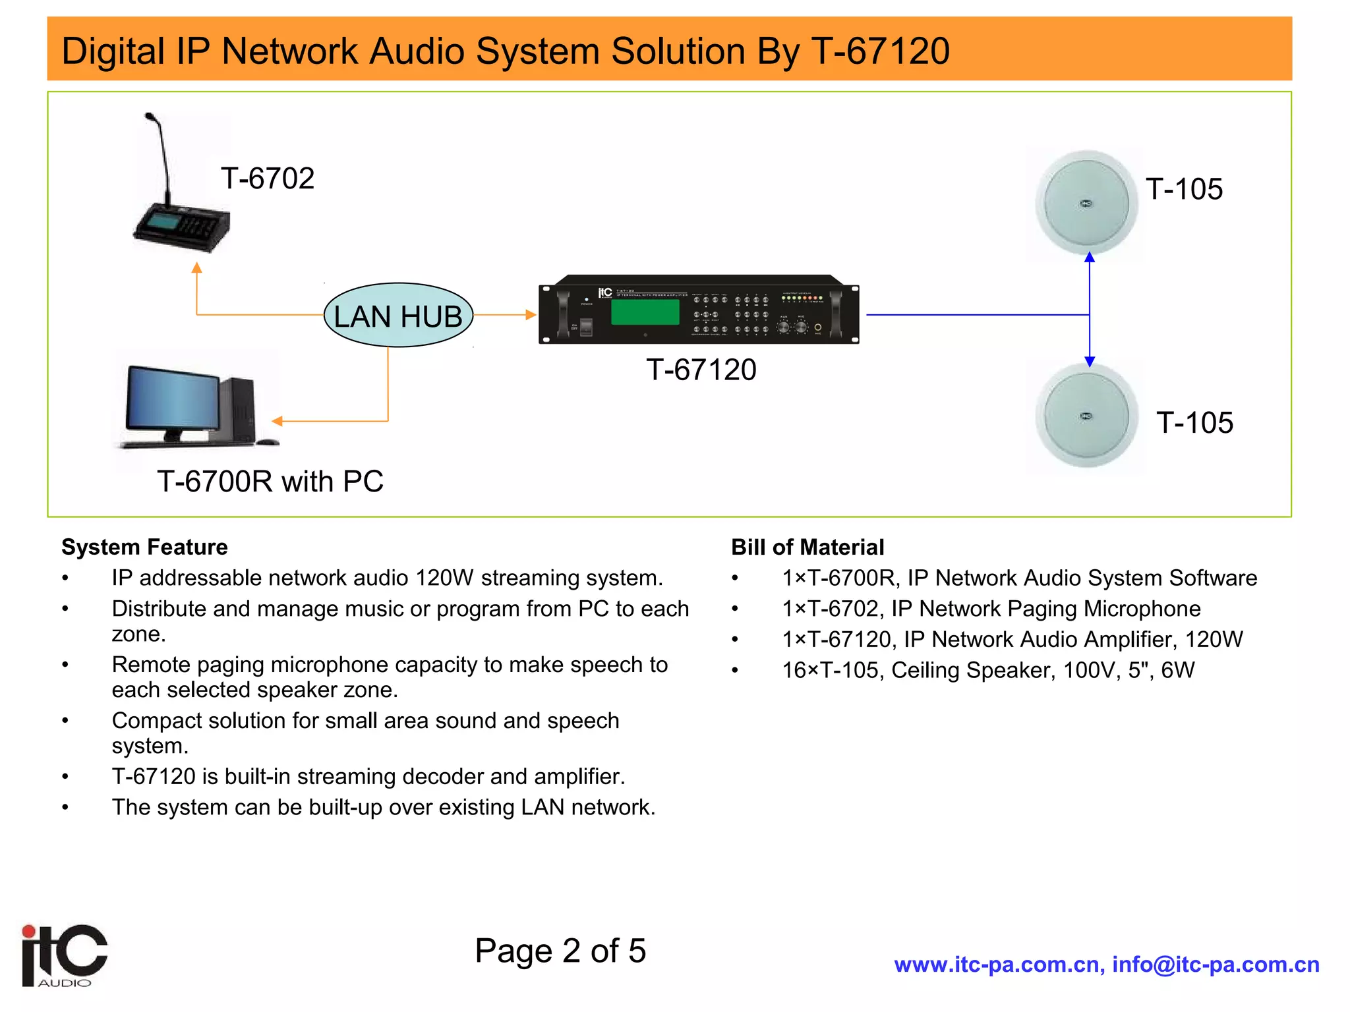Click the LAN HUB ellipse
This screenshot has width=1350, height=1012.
tap(398, 316)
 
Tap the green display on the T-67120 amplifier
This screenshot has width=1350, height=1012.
tap(645, 311)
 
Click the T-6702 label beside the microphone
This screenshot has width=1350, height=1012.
tap(268, 179)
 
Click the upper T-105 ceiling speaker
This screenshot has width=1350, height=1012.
tap(1086, 203)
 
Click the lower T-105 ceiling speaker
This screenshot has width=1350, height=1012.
tap(1086, 416)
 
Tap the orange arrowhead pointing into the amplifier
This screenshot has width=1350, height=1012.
tap(531, 315)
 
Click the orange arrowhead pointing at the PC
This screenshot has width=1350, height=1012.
tap(278, 421)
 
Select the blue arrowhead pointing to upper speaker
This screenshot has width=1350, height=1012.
tap(1090, 258)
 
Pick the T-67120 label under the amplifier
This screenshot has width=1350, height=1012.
tap(701, 370)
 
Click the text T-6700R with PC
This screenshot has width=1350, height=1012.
tap(270, 482)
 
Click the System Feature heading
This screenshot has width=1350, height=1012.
tap(144, 547)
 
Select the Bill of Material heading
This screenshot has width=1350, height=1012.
tap(807, 547)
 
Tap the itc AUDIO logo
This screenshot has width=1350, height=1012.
tap(64, 955)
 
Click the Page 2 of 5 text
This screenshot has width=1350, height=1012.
tap(560, 951)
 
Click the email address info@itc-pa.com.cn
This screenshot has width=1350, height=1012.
tap(1216, 965)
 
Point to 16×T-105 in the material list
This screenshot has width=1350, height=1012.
tap(832, 670)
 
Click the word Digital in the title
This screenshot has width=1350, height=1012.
tap(113, 51)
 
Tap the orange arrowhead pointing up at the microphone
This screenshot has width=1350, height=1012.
tap(196, 267)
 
